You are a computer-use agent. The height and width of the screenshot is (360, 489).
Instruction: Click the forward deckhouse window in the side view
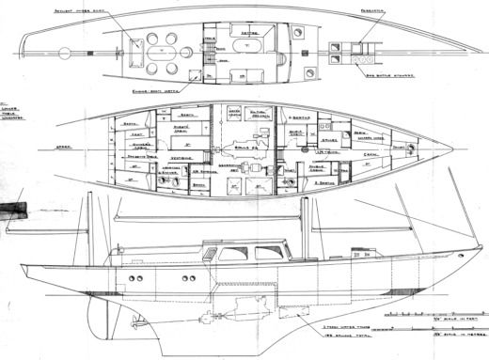click(x=273, y=252)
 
